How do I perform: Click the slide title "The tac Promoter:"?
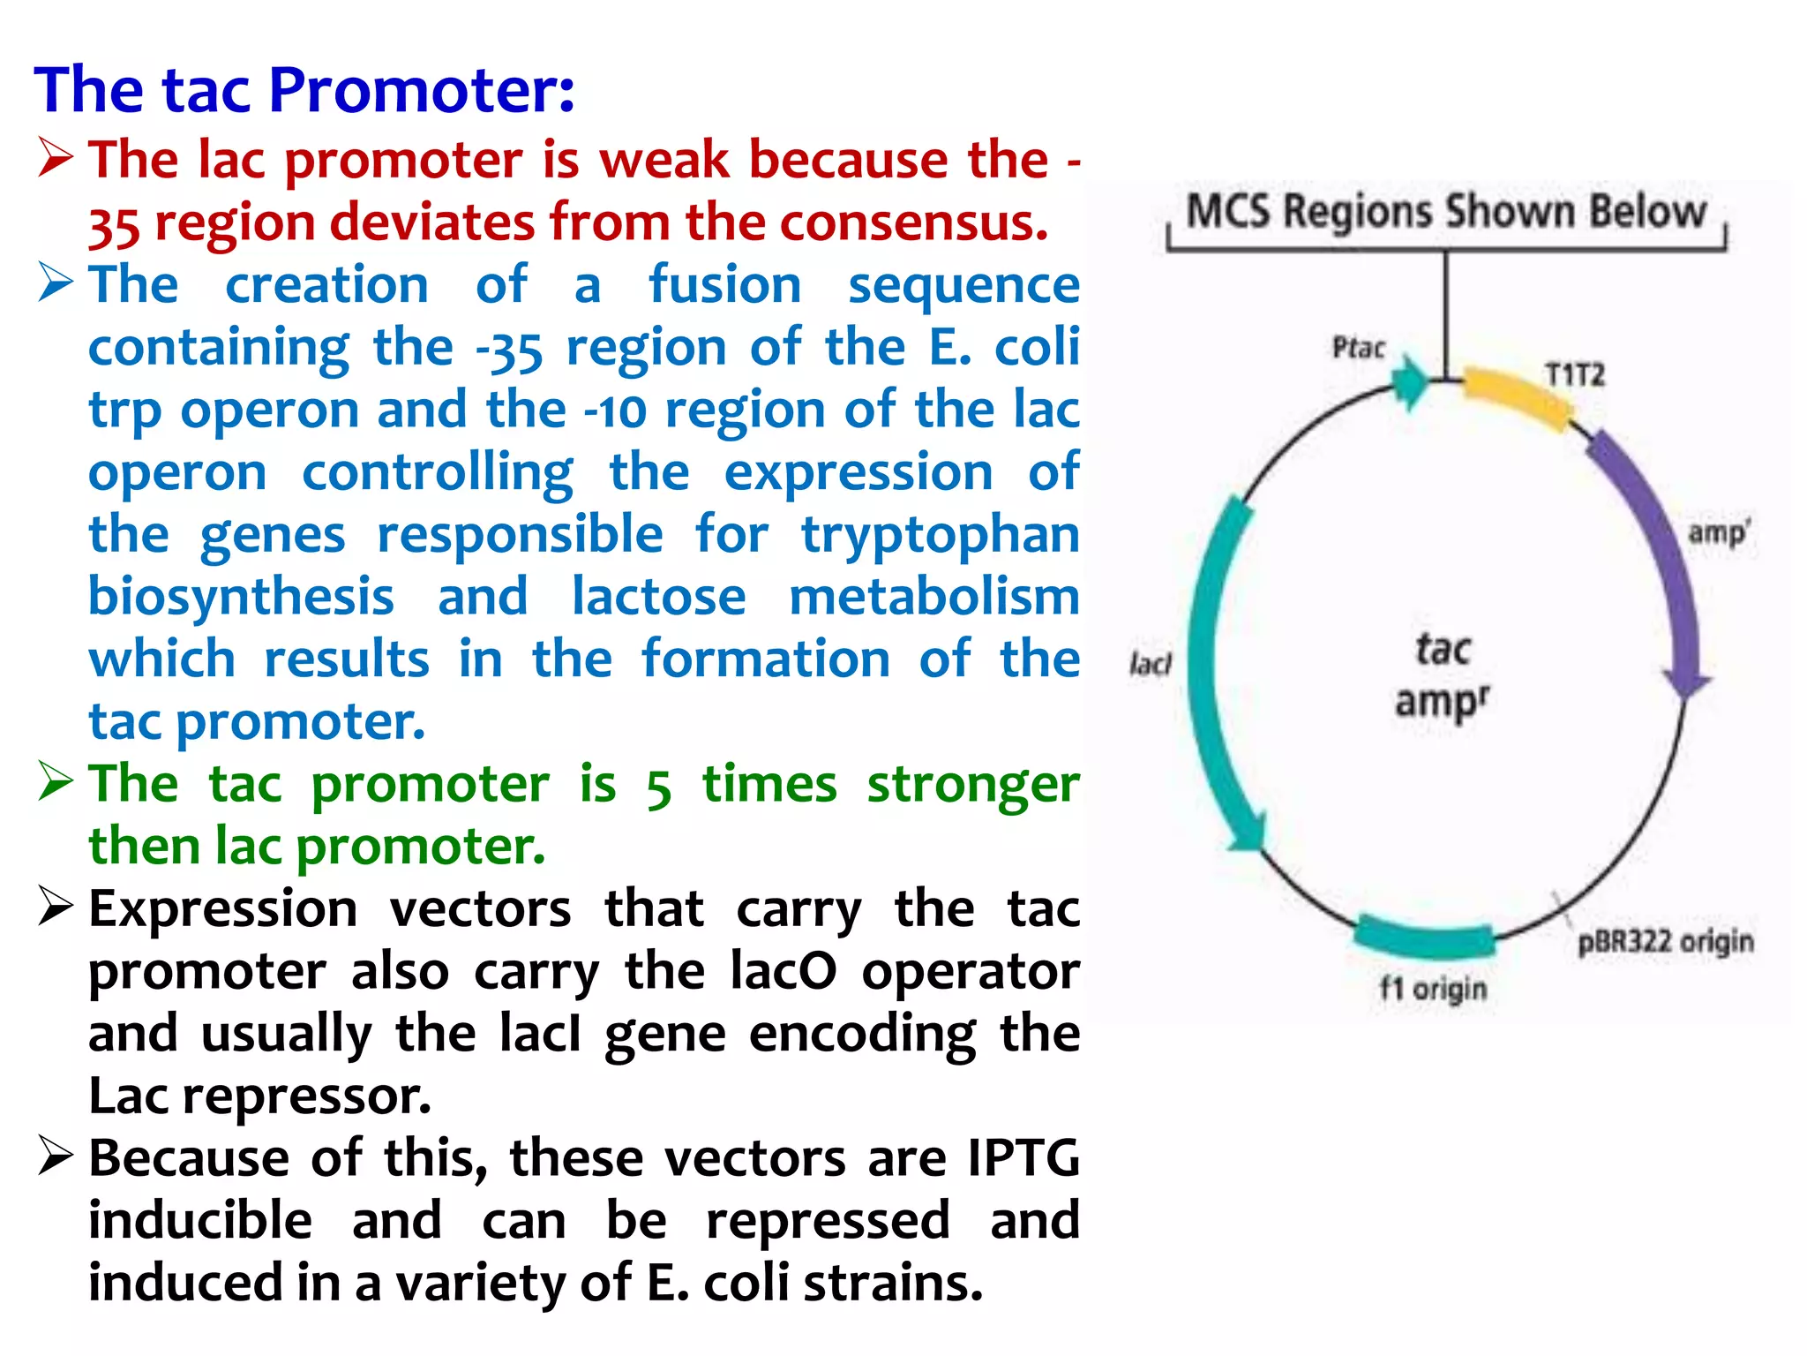(x=304, y=90)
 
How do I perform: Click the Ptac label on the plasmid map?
(x=1358, y=348)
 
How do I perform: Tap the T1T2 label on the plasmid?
(x=1575, y=375)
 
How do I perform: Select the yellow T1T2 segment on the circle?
(x=1516, y=398)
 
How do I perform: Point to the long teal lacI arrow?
(x=1209, y=671)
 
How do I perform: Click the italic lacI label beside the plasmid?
(x=1151, y=664)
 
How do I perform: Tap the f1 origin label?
(x=1433, y=989)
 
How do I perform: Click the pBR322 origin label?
(x=1665, y=942)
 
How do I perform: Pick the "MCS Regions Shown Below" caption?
(x=1446, y=212)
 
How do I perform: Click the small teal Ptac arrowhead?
(x=1410, y=382)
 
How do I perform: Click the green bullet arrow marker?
(x=56, y=782)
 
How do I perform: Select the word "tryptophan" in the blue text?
(x=940, y=535)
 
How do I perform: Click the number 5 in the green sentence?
(x=658, y=787)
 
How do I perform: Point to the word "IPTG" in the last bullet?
(x=1023, y=1157)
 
